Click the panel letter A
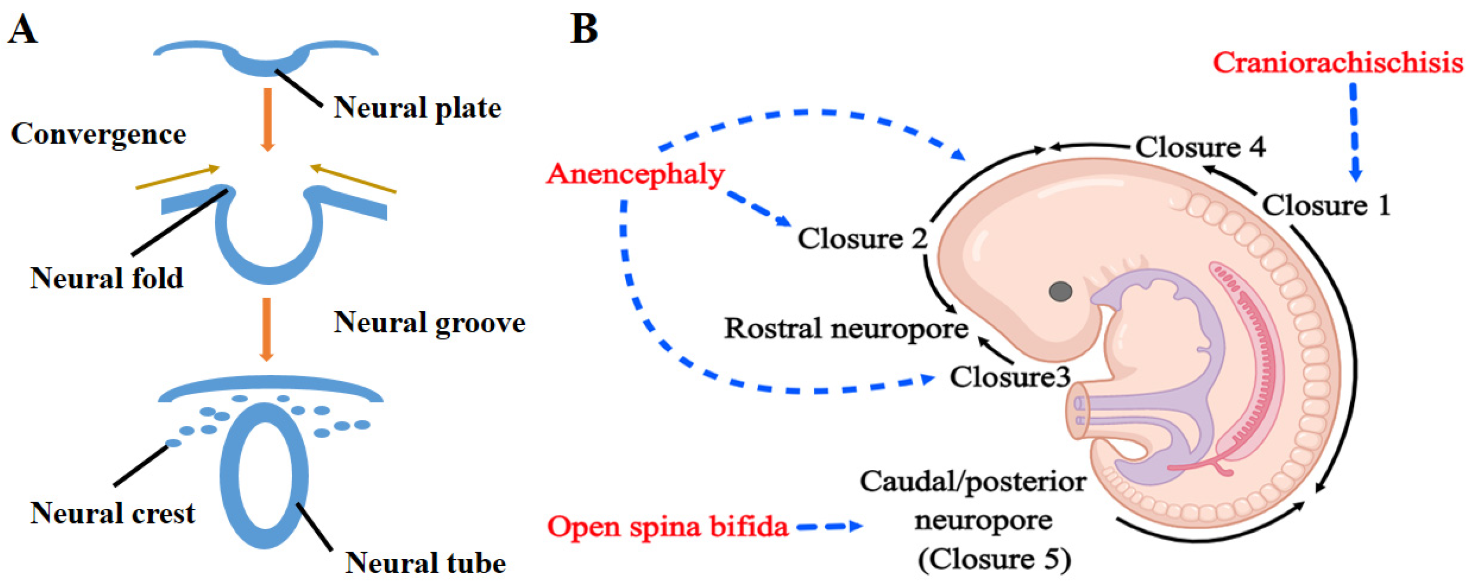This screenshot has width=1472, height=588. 23,30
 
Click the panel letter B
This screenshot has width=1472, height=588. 584,30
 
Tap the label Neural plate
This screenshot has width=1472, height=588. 417,108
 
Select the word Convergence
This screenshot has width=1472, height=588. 98,134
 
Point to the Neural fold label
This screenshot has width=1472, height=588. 107,279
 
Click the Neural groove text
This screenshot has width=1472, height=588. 429,323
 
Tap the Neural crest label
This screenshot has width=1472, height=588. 113,513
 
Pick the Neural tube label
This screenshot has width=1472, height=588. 426,563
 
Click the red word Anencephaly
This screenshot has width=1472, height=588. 635,174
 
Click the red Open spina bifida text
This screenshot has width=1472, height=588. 667,526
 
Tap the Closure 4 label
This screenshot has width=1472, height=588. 1200,147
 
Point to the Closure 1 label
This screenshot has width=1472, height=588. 1326,206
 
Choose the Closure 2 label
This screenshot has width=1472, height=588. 862,239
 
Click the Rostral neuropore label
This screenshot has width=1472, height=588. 846,329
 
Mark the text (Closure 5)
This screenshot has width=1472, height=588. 994,559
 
